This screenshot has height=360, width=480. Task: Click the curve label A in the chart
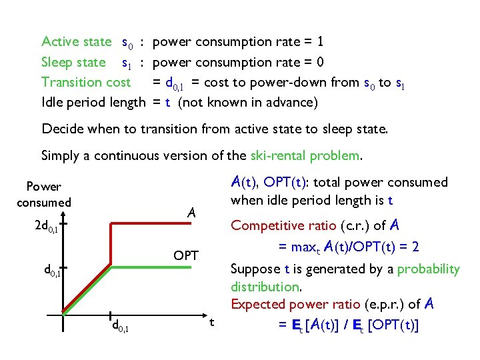coord(191,213)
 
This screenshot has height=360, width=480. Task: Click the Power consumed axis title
coord(43,194)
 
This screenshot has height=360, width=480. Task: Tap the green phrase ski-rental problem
coord(305,155)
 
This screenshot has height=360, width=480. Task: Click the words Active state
coord(76,42)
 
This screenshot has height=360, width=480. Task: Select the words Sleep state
coord(73,62)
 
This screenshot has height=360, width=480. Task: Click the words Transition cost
coord(85,82)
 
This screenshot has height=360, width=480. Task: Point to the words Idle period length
coord(93,102)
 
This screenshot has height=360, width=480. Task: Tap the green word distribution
coord(265,287)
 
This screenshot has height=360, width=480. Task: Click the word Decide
coord(61,128)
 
